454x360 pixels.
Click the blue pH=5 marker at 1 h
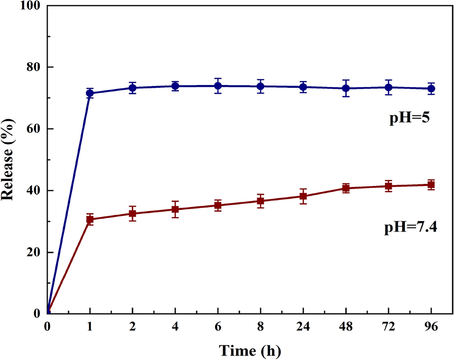pos(90,93)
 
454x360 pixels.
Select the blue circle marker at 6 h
pos(218,86)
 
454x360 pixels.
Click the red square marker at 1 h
pos(90,219)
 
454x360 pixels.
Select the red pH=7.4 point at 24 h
pos(303,196)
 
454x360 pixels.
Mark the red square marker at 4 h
pos(175,210)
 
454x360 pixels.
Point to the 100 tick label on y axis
pos(31,6)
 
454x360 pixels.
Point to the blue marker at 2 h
pos(132,88)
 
